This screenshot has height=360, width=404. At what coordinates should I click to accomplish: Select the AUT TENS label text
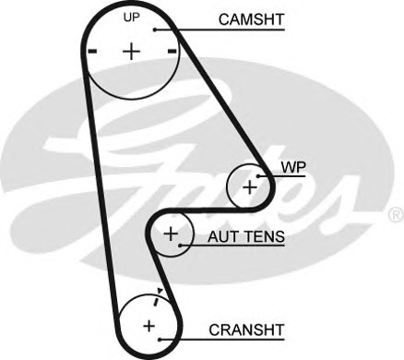tap(245, 236)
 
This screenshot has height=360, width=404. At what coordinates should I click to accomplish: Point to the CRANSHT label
tap(246, 329)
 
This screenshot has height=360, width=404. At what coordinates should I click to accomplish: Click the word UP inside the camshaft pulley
tap(132, 18)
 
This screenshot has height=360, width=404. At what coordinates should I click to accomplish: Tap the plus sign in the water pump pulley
tap(249, 186)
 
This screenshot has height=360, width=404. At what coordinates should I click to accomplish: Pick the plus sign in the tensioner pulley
tap(171, 234)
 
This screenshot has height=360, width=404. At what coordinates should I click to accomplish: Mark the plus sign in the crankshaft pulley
tap(149, 326)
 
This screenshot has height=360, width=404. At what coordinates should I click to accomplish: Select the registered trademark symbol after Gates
tap(395, 214)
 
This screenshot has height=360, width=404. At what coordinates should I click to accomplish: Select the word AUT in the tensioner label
tap(221, 236)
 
